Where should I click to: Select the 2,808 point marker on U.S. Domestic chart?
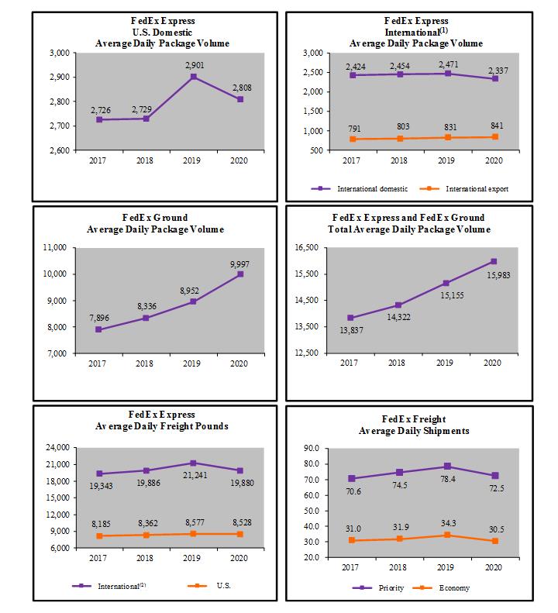click(241, 99)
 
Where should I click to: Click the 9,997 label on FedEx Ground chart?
click(240, 264)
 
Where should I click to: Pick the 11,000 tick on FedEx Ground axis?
click(59, 248)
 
